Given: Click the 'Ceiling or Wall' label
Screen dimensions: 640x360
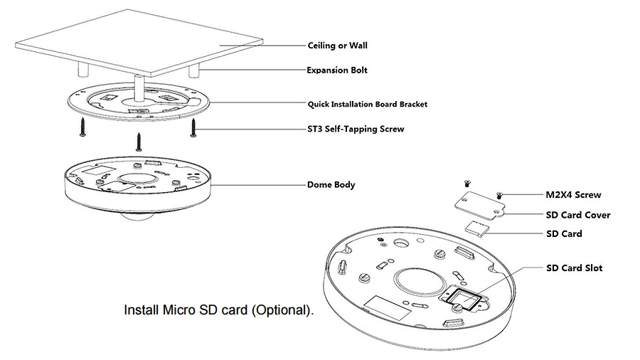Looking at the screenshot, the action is coord(337,46).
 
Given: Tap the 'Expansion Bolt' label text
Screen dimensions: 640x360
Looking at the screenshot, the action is coord(337,70).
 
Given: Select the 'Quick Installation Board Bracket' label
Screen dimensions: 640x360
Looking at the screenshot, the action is coord(368,104).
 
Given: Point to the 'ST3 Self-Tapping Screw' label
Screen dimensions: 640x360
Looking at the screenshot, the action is coord(356,129).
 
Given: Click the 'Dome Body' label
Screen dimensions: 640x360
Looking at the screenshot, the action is coord(331,184).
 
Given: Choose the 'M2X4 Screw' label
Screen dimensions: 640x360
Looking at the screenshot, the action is coord(573,195).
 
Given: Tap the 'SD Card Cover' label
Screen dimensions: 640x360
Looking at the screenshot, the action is coord(578,215).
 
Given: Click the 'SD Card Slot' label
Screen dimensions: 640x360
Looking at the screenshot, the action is coord(575,268).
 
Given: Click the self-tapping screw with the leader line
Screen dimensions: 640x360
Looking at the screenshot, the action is coord(193,128).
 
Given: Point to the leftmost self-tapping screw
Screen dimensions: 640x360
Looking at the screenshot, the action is coord(83,127).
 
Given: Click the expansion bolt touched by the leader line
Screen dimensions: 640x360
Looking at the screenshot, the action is coord(193,70).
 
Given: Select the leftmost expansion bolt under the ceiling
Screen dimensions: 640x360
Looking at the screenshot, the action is coord(83,70).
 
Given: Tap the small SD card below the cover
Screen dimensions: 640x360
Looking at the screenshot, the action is coord(476,228).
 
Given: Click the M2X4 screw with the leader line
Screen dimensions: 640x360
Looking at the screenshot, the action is coord(499,196).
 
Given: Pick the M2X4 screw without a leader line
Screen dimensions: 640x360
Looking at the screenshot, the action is coord(467,184).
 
